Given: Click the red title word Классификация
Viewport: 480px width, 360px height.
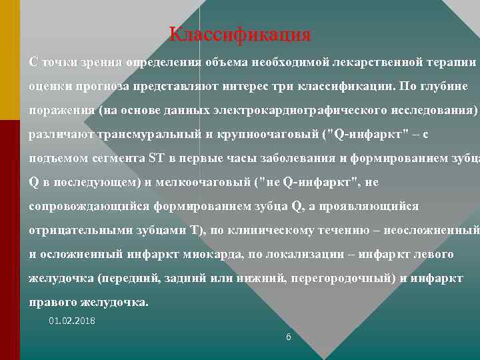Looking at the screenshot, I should tap(240, 33).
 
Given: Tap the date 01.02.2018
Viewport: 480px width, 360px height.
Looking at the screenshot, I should tap(72, 321).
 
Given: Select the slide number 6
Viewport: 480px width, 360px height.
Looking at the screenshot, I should tap(288, 337).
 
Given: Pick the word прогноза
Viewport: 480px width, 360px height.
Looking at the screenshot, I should tap(101, 87).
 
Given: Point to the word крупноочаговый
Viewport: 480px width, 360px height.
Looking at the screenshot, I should tap(266, 135).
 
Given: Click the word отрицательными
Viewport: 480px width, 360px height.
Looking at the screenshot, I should tap(79, 231).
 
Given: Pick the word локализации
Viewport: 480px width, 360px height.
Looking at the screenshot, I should tap(313, 255).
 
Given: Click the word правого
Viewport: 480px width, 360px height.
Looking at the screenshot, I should tap(54, 303).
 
